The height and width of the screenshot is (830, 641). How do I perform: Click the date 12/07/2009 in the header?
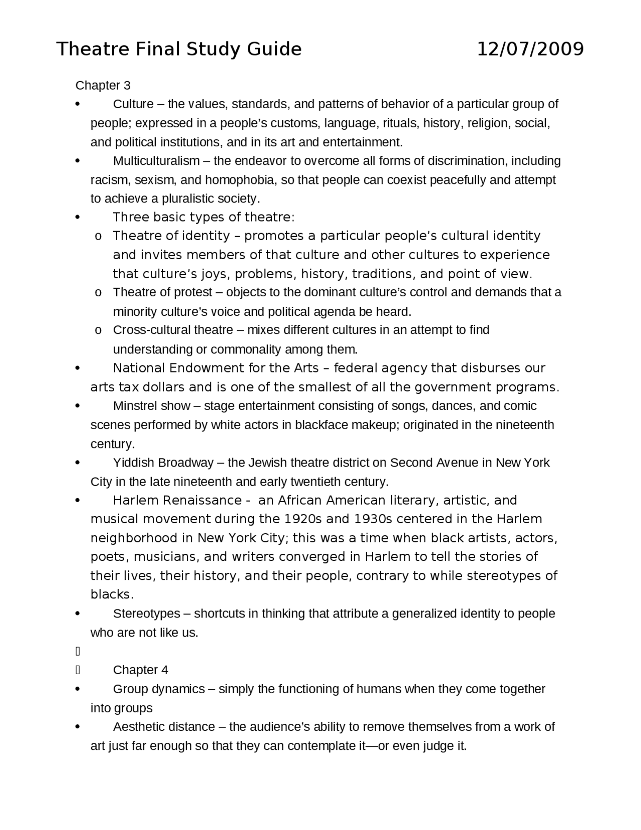[530, 49]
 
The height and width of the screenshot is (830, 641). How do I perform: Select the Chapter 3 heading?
[103, 85]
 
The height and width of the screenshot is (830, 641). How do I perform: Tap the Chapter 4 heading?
[140, 670]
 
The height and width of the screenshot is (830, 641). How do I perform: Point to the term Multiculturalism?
[156, 161]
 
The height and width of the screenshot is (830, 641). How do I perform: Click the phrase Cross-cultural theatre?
[173, 330]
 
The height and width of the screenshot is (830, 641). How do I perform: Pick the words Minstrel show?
[151, 406]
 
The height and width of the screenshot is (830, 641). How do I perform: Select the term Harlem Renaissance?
[177, 500]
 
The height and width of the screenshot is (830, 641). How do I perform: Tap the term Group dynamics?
[159, 689]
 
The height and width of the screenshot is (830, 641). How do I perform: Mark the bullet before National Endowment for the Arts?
[77, 368]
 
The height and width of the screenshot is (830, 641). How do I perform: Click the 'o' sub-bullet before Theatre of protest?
[98, 293]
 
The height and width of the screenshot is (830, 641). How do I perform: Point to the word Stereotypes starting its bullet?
[147, 613]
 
